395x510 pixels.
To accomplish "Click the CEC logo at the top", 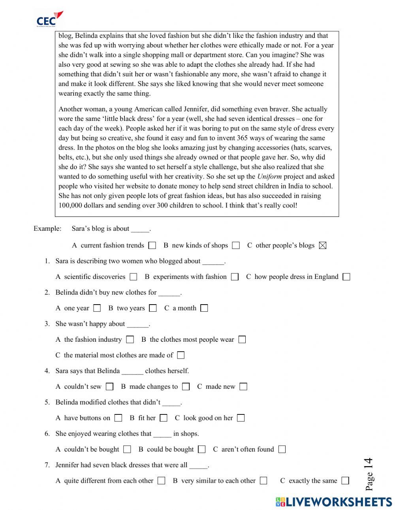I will (49, 19).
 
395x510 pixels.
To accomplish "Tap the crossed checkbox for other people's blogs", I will (323, 245).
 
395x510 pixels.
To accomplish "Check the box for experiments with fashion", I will (235, 277).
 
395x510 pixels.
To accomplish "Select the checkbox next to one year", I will (97, 308).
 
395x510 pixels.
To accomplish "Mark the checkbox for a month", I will (204, 308).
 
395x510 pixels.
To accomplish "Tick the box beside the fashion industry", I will (130, 339).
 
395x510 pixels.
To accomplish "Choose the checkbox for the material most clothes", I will (181, 355).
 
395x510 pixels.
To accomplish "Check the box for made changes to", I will (186, 386).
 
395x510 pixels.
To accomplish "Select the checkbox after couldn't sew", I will (109, 386).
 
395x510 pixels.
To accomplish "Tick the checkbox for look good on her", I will (241, 418).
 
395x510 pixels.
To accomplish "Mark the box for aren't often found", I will (282, 449).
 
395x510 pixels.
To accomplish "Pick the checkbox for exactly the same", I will (345, 481).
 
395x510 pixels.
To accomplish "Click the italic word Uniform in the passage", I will (269, 177).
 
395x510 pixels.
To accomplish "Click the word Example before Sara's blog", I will (47, 229).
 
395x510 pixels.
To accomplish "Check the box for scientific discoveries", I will (134, 277).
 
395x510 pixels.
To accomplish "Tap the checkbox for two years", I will (153, 308).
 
